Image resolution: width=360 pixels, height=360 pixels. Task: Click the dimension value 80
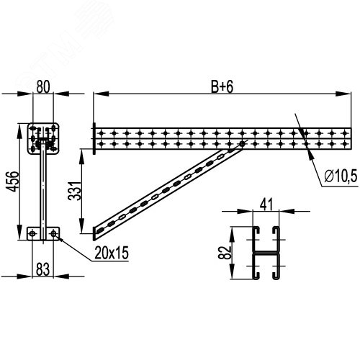point(43,87)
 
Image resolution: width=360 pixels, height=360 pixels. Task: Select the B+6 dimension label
point(222,87)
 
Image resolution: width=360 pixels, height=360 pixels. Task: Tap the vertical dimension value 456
point(12,181)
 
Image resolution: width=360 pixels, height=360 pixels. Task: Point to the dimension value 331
point(74,191)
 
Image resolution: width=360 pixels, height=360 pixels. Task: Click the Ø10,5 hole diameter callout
point(341,176)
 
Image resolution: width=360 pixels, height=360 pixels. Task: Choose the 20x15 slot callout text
point(112,253)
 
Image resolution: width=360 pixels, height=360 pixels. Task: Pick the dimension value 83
point(42,269)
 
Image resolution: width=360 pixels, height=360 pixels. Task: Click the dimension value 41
point(266,204)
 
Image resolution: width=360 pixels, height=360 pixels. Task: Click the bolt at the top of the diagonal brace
point(242,144)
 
